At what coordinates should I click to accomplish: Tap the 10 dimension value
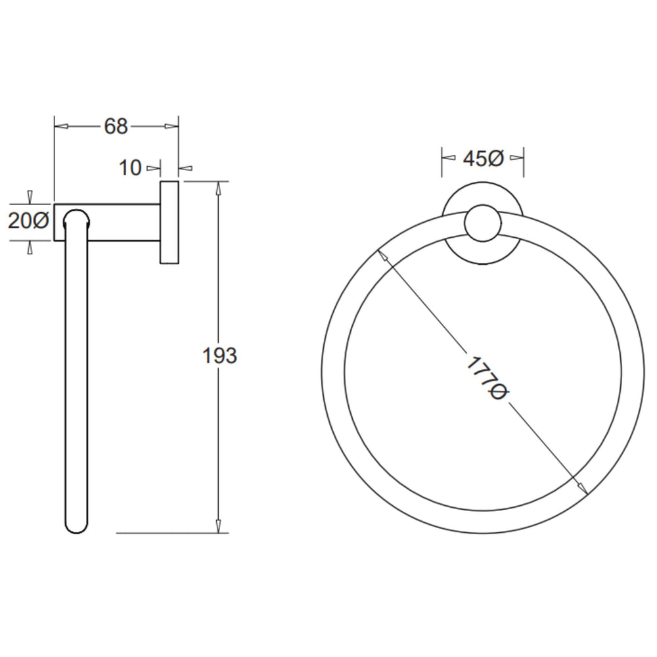click(x=130, y=168)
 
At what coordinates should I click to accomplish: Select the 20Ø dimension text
click(x=28, y=220)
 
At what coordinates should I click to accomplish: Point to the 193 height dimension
click(x=219, y=355)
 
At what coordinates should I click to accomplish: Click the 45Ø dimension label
click(x=483, y=158)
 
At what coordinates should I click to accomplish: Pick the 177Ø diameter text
click(x=487, y=378)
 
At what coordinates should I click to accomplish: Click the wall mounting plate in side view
click(x=170, y=223)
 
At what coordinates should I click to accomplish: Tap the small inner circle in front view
click(x=483, y=223)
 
